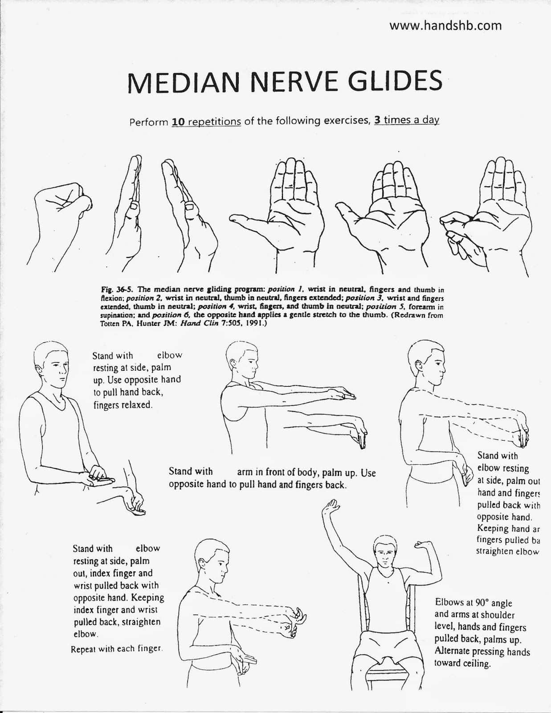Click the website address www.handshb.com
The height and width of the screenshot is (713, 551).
(x=445, y=26)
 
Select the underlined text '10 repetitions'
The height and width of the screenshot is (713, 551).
(x=206, y=122)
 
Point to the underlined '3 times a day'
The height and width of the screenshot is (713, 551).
(x=407, y=120)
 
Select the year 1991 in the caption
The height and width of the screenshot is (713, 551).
(x=256, y=324)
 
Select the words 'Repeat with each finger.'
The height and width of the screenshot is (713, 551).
(x=117, y=649)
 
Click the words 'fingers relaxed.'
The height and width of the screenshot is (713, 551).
(x=122, y=405)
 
